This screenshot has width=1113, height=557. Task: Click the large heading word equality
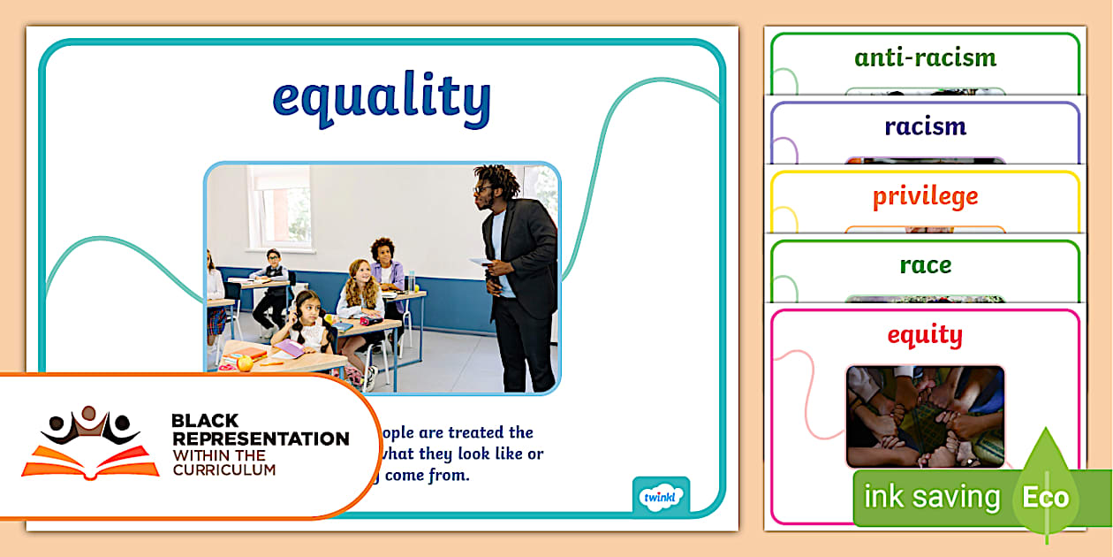coord(381,99)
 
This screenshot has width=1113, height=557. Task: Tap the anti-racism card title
coord(925,58)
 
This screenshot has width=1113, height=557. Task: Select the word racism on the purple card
coord(925,126)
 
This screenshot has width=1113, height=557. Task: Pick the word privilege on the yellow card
coord(925,196)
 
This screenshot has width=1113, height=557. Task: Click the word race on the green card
coord(925,264)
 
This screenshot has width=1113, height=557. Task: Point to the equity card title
coord(925,334)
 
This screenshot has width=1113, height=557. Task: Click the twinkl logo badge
coord(661,496)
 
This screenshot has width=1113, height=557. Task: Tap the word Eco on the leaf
coord(1046,497)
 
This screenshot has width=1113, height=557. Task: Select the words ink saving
coord(931,497)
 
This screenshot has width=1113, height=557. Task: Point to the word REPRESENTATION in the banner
coord(260,439)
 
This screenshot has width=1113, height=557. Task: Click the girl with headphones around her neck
coord(306,323)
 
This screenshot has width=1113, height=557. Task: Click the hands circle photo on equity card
coord(925,416)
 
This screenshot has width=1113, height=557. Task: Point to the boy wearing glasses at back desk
coord(271,274)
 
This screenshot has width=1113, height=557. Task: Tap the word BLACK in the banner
coord(205,421)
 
